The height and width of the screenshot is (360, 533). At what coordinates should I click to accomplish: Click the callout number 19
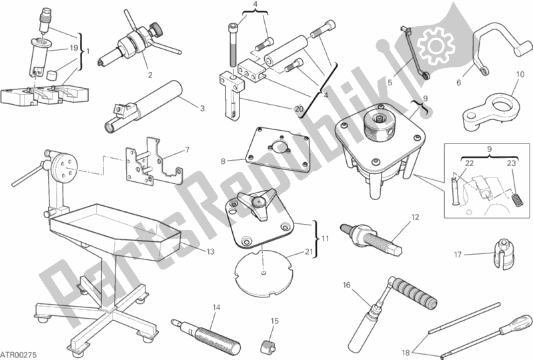(74, 48)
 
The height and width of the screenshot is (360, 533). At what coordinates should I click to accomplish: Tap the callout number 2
(150, 75)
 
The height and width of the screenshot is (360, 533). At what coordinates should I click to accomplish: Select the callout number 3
(202, 109)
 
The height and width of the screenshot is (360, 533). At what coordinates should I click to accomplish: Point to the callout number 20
(299, 109)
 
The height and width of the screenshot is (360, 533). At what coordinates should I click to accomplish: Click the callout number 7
(187, 150)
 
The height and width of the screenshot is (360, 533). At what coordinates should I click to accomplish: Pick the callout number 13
(211, 251)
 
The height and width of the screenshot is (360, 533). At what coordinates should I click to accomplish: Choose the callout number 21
(309, 251)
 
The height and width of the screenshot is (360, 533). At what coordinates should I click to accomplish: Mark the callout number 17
(458, 255)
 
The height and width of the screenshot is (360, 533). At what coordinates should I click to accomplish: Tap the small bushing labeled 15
(268, 347)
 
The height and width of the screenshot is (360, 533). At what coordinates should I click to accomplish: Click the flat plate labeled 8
(279, 149)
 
